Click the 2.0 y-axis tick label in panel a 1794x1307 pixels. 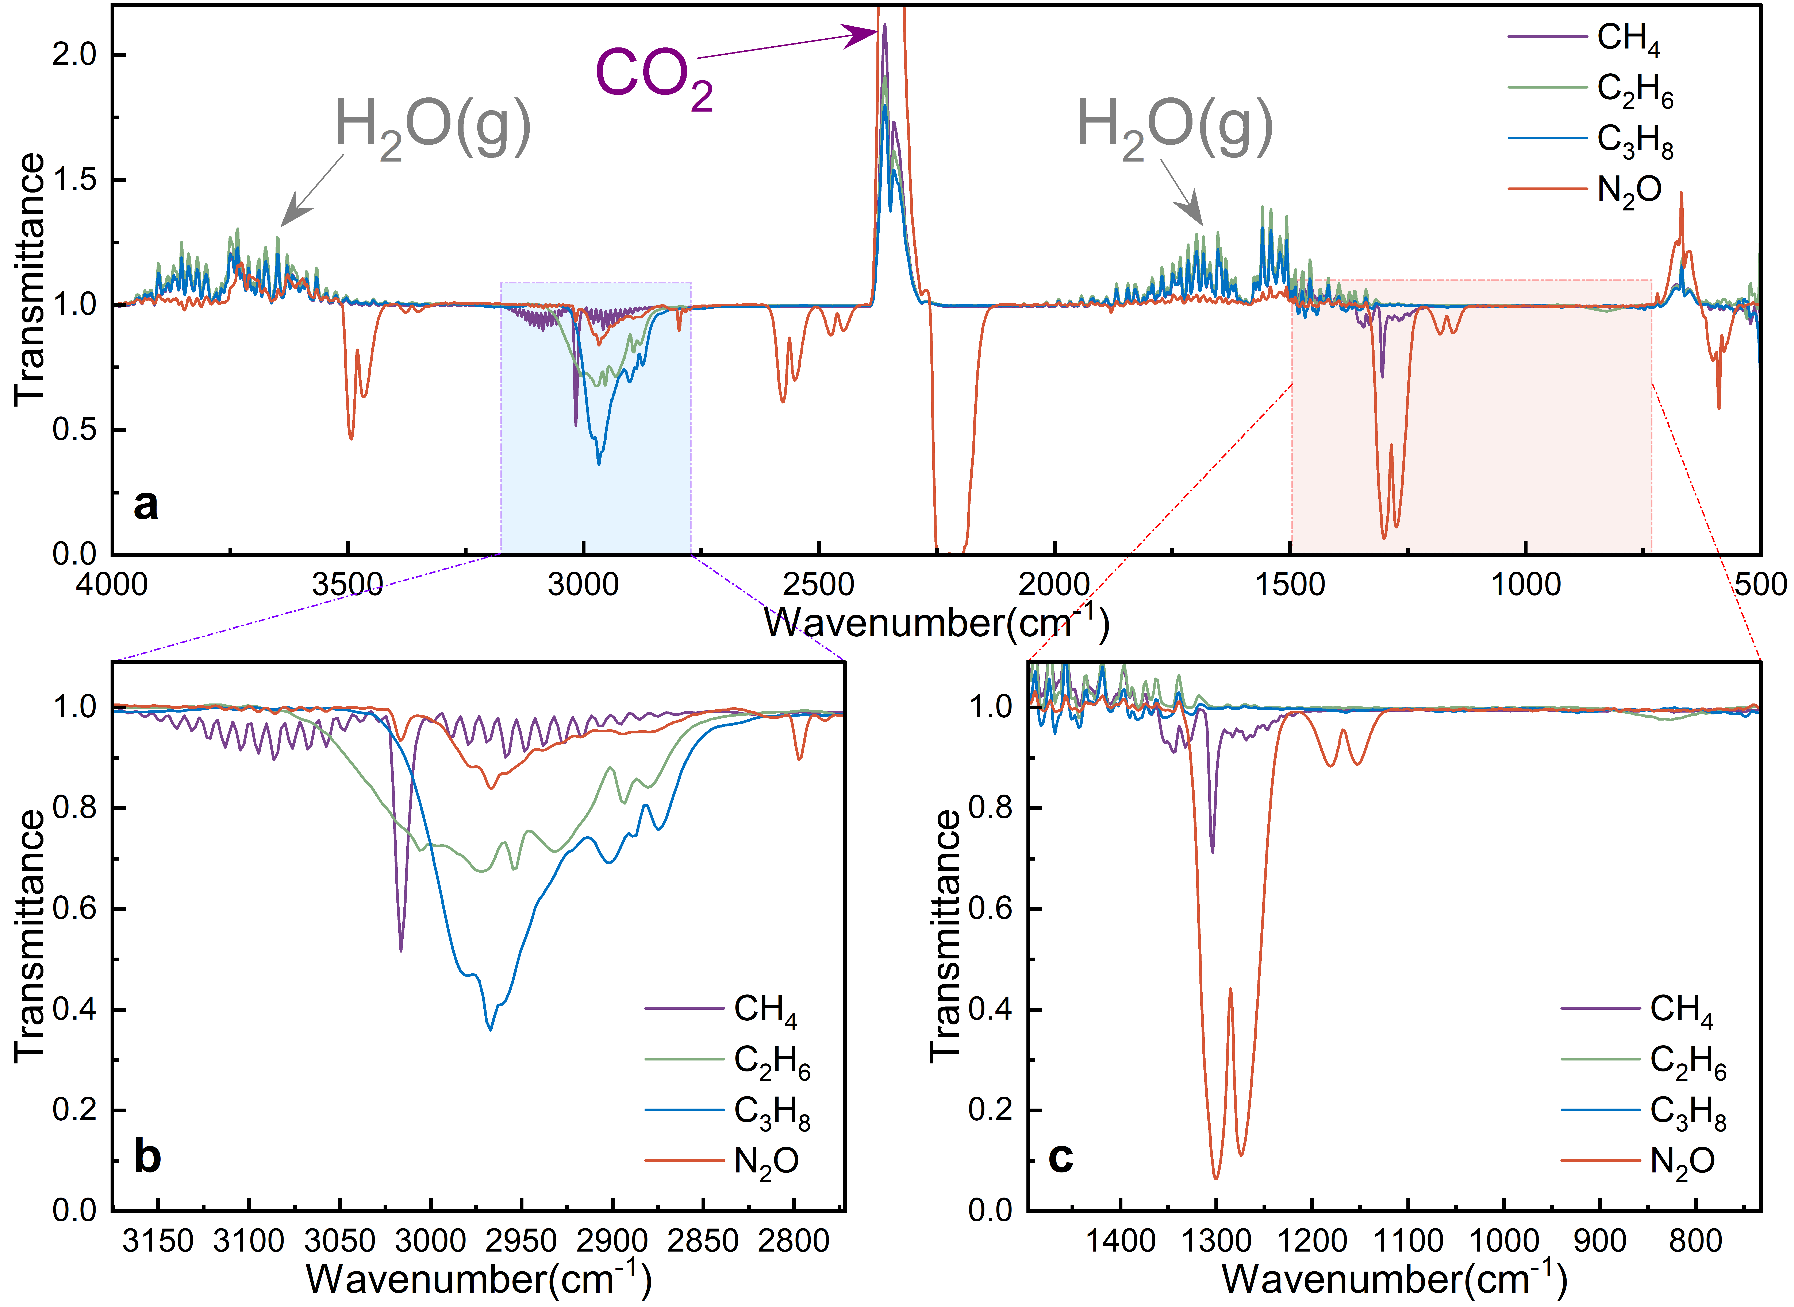(x=74, y=55)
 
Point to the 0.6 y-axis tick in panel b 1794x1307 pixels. (x=74, y=909)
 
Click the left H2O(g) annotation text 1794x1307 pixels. (x=432, y=127)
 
